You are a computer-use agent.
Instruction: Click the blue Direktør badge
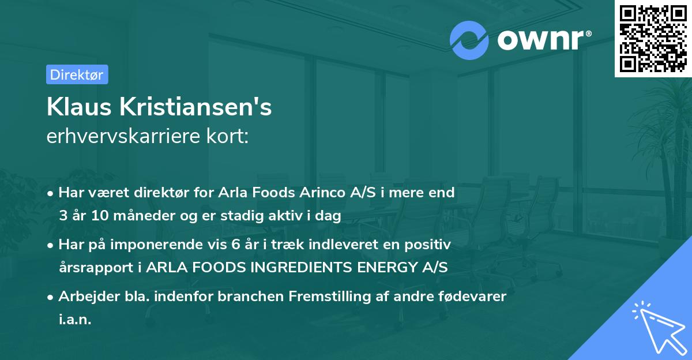[77, 74]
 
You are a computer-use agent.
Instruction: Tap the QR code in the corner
[653, 38]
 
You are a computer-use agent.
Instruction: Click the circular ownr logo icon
[469, 40]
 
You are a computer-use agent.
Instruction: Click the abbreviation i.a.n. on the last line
[75, 320]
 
